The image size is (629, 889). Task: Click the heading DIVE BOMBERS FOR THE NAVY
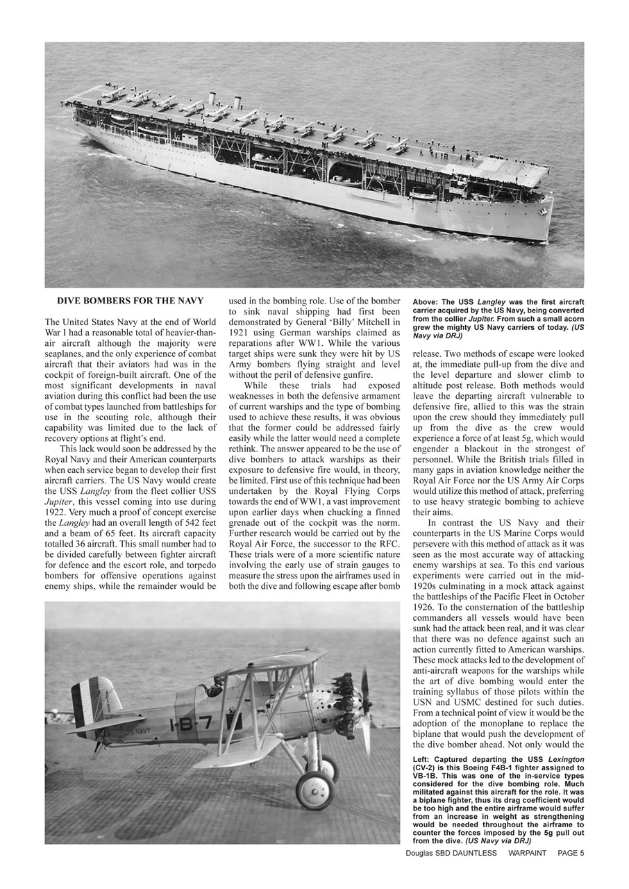[130, 301]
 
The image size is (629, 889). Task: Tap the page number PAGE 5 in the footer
[571, 853]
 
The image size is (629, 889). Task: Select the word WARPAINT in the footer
[527, 853]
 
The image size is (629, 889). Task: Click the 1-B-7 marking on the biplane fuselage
[191, 724]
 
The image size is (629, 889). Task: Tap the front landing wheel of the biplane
[314, 790]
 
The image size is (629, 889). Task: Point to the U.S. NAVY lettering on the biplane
[137, 731]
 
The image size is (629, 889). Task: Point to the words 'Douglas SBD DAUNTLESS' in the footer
[451, 853]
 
